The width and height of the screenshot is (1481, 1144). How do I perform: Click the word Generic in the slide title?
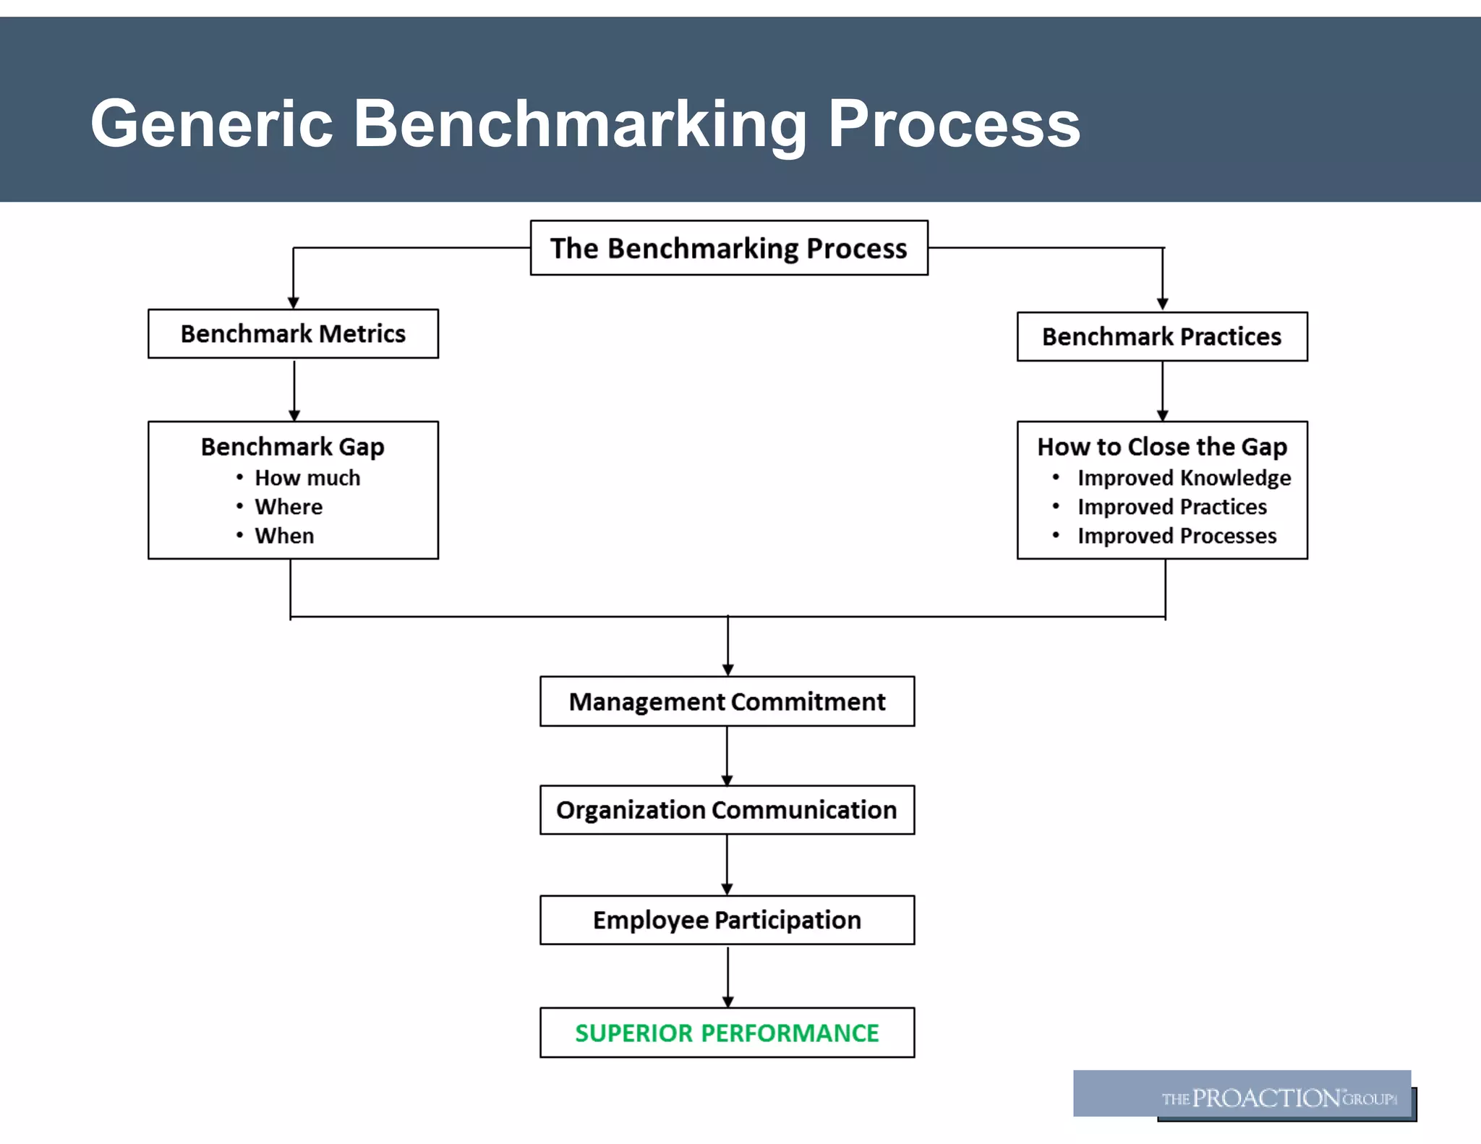pyautogui.click(x=211, y=124)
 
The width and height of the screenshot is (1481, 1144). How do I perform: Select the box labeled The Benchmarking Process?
pyautogui.click(x=728, y=248)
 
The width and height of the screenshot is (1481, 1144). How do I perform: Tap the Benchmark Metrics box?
pyautogui.click(x=293, y=334)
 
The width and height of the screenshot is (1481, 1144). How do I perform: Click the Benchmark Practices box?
pyautogui.click(x=1161, y=337)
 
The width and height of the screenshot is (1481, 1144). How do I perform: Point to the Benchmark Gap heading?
pyautogui.click(x=292, y=447)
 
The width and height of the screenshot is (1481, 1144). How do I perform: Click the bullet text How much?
pyautogui.click(x=307, y=478)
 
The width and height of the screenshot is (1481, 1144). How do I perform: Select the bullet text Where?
pyautogui.click(x=289, y=507)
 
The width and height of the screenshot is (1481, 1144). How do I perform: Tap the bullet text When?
pyautogui.click(x=284, y=536)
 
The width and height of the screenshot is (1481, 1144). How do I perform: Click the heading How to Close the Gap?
pyautogui.click(x=1161, y=447)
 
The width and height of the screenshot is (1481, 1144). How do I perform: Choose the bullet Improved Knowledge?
pyautogui.click(x=1184, y=478)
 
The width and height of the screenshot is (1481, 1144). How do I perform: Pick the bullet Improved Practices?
pyautogui.click(x=1171, y=507)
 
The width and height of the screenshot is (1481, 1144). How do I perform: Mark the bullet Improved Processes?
pyautogui.click(x=1177, y=536)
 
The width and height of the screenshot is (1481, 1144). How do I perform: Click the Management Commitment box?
pyautogui.click(x=727, y=701)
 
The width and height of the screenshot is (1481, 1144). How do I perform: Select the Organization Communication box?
pyautogui.click(x=727, y=810)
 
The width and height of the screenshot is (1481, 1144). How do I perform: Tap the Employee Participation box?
pyautogui.click(x=727, y=920)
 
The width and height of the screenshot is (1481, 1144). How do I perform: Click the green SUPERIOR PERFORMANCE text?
pyautogui.click(x=727, y=1033)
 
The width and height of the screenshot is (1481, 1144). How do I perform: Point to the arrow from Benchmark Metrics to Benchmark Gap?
pyautogui.click(x=294, y=390)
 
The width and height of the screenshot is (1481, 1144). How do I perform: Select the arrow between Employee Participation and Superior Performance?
pyautogui.click(x=727, y=976)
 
